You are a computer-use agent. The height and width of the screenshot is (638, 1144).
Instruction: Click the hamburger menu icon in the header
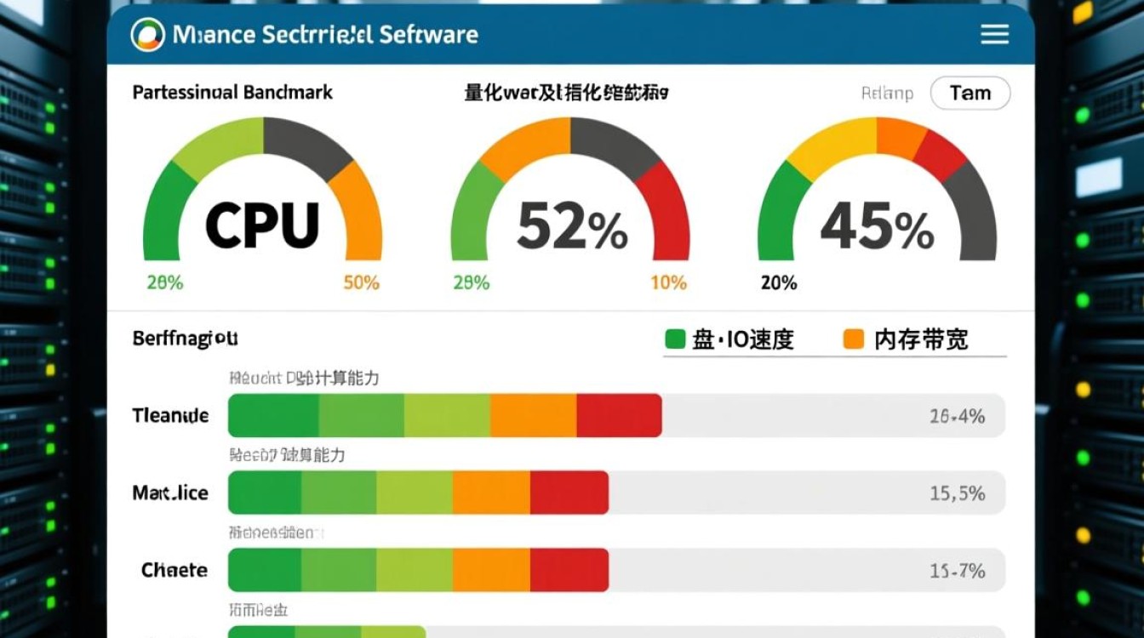[x=994, y=34]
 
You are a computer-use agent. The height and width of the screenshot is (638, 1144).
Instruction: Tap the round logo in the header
[x=147, y=34]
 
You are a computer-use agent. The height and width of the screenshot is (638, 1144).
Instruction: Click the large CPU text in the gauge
[x=262, y=225]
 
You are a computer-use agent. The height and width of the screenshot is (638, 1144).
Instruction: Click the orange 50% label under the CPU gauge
[x=361, y=282]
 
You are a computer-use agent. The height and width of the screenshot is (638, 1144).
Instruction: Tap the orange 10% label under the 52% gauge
[x=668, y=282]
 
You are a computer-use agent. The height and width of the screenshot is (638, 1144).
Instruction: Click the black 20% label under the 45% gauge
[x=778, y=282]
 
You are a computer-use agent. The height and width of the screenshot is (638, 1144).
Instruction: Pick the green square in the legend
[x=674, y=339]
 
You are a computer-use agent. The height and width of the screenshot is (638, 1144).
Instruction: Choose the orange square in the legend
[x=853, y=339]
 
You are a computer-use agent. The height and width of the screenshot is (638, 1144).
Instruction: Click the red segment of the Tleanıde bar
[x=619, y=415]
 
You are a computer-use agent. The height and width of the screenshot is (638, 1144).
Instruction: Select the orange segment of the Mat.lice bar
[x=491, y=493]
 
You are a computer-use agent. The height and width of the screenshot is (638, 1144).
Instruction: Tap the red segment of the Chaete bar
[x=569, y=570]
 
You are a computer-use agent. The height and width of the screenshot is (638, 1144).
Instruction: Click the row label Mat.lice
[x=170, y=493]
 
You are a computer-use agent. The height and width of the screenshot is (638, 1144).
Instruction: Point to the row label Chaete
[x=174, y=570]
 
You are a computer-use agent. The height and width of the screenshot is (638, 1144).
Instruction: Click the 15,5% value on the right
[x=958, y=493]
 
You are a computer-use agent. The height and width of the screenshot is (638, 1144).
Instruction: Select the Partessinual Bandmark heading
[x=232, y=92]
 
